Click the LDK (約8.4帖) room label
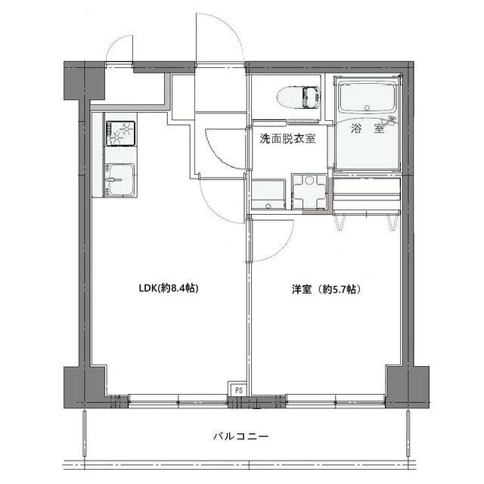168,288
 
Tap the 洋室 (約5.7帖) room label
326,289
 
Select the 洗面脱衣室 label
287,138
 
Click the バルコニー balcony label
240,436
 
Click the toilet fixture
294,98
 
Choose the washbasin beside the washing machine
268,194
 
